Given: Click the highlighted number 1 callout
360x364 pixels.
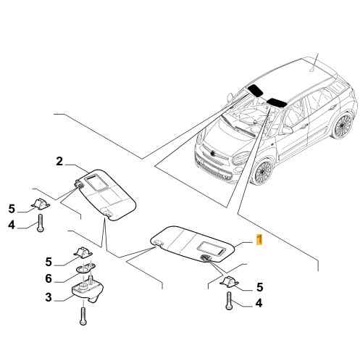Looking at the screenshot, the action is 259,239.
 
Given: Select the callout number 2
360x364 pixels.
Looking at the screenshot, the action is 59,161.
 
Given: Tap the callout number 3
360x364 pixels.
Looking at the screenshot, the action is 49,297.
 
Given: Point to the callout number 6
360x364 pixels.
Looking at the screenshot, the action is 49,278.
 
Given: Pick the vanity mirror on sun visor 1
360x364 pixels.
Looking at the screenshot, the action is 212,248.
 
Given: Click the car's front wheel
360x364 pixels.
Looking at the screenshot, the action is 263,171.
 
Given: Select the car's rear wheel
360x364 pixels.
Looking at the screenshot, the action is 343,125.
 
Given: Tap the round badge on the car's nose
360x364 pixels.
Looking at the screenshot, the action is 213,153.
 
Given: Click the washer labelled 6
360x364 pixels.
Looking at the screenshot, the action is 85,268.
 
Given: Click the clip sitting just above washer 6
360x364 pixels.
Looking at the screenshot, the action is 83,252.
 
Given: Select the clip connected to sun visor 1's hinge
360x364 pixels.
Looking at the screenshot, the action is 229,282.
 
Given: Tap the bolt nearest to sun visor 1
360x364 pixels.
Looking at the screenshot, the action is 229,300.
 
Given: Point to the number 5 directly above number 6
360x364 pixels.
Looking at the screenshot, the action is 49,262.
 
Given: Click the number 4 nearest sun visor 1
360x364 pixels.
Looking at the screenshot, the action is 259,303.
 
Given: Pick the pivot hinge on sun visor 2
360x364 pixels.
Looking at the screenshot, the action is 79,185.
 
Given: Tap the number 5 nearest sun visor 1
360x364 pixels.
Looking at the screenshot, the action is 259,287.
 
